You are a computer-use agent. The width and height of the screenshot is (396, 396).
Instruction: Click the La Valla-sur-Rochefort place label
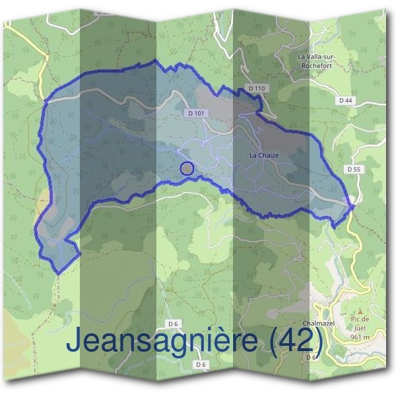point(317,61)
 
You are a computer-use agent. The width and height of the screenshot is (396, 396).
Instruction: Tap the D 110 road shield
point(257,88)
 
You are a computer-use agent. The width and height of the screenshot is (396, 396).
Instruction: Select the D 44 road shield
point(345,100)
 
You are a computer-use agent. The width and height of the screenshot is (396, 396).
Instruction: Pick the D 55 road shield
point(354,169)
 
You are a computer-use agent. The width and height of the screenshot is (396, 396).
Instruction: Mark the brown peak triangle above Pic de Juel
point(360,310)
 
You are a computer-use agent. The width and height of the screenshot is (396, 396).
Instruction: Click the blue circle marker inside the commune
point(187,168)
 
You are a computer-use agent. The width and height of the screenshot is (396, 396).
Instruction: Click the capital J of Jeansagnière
point(75,341)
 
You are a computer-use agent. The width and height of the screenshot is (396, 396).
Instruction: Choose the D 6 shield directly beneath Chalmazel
point(312,357)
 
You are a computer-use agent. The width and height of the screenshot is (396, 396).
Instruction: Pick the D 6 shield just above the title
point(174,323)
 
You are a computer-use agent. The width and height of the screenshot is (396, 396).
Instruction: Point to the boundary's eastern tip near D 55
point(354,207)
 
